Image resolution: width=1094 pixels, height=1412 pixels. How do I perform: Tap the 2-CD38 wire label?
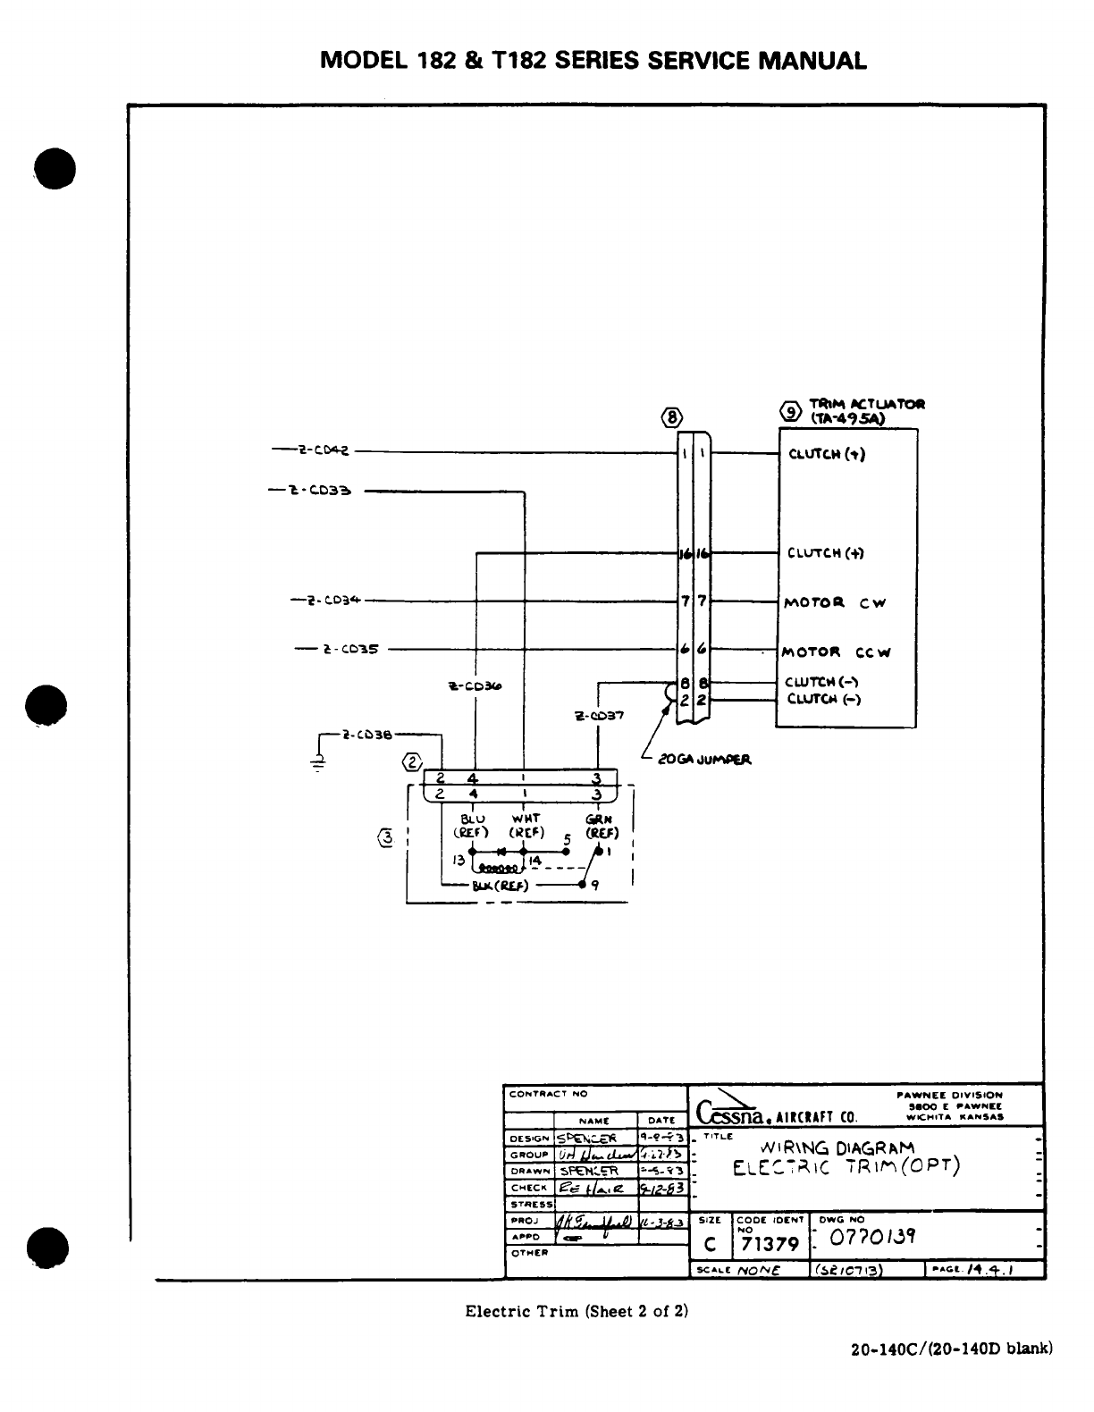(x=366, y=735)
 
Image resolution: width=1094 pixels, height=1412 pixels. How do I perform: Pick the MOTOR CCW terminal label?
(x=837, y=652)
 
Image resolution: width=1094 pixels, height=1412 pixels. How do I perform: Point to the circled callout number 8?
(x=672, y=416)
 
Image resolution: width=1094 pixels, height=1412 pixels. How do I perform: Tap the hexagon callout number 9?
(x=791, y=411)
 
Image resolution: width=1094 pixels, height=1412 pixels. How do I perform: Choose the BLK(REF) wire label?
(x=501, y=887)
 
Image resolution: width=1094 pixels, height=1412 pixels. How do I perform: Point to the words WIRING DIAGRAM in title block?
(x=837, y=1147)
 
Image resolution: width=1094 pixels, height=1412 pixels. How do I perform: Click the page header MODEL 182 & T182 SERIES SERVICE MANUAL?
(x=593, y=61)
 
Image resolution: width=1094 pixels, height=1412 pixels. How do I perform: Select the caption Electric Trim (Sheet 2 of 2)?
(x=576, y=1311)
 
